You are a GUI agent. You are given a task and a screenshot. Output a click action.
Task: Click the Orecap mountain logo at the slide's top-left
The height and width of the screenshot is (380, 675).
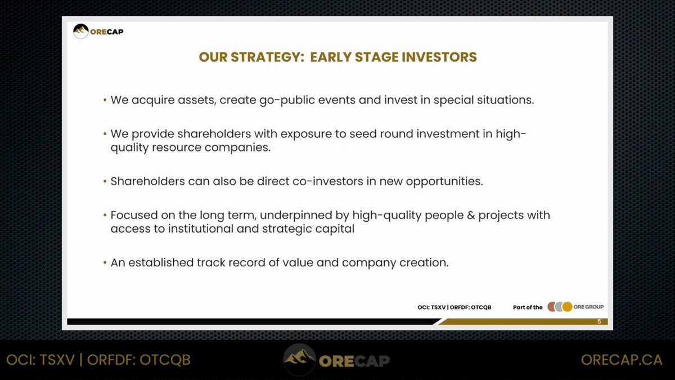click(81, 32)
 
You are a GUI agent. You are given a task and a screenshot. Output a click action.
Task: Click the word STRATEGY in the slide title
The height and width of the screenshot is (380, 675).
click(267, 57)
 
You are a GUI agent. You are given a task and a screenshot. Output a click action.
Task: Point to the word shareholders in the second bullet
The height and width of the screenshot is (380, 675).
click(214, 133)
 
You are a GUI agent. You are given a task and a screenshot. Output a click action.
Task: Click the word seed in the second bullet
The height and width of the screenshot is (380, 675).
click(363, 134)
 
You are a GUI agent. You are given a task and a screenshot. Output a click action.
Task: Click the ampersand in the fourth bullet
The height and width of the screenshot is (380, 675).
click(471, 215)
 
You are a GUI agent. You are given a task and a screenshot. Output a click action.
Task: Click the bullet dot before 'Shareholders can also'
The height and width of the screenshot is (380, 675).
click(105, 181)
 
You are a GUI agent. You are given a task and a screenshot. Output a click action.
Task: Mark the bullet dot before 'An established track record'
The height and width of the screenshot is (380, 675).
click(105, 263)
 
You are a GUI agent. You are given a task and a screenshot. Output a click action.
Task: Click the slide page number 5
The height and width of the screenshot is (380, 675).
click(599, 321)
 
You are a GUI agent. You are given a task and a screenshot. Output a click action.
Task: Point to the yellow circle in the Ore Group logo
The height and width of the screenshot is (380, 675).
click(567, 307)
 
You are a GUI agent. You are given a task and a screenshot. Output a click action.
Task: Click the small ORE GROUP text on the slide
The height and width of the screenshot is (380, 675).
click(588, 307)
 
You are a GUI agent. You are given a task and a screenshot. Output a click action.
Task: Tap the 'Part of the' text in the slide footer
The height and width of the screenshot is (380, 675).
click(528, 307)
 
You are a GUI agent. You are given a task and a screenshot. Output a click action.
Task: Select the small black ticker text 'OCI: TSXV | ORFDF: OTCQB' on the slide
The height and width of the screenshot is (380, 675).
click(454, 307)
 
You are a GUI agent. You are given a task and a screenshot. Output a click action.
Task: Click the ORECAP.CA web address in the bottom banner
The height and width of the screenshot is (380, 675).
click(622, 360)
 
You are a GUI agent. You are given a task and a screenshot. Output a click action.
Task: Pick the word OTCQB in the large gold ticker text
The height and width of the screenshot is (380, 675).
click(165, 360)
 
